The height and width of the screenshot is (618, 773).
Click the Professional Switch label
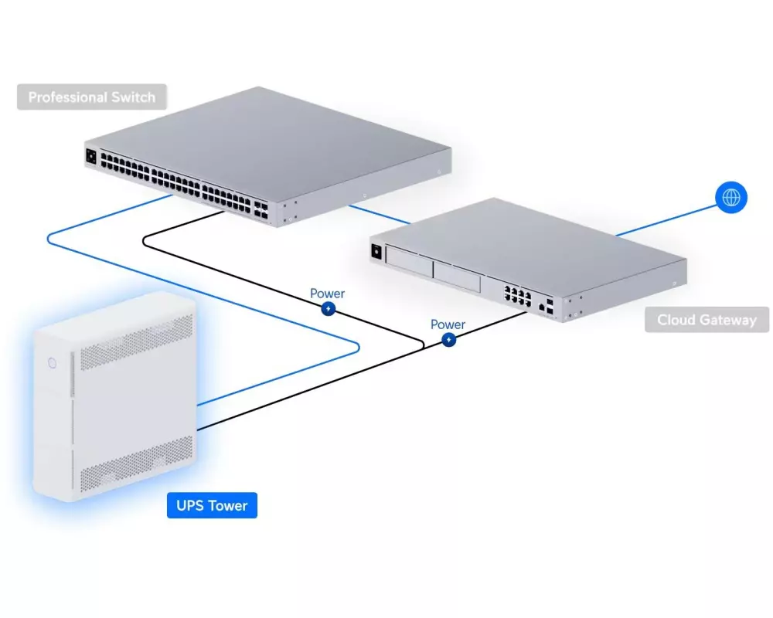pos(91,97)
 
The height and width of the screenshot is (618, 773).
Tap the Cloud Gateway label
pos(707,320)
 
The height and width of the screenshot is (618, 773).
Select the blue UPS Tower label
pos(212,506)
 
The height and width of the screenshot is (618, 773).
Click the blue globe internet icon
pos(730,197)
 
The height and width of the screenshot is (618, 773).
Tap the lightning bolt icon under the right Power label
pos(448,340)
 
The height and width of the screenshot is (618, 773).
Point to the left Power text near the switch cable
pos(328,294)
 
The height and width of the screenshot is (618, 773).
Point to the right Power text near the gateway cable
pos(448,324)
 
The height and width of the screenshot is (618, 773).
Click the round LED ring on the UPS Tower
pos(52,362)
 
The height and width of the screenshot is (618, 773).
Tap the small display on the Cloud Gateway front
pos(378,251)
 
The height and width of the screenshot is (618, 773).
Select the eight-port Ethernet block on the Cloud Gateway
pos(516,297)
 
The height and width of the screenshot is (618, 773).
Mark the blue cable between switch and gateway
pos(379,214)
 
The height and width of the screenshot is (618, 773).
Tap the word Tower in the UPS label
pos(227,506)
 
